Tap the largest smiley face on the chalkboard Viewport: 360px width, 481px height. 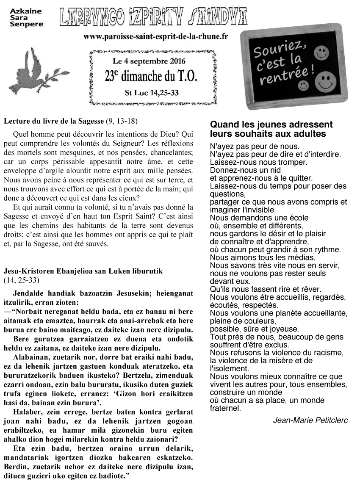325,80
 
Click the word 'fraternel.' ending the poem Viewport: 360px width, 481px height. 225,408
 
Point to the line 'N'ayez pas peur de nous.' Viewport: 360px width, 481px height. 254,147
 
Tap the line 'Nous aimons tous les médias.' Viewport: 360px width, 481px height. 263,257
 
